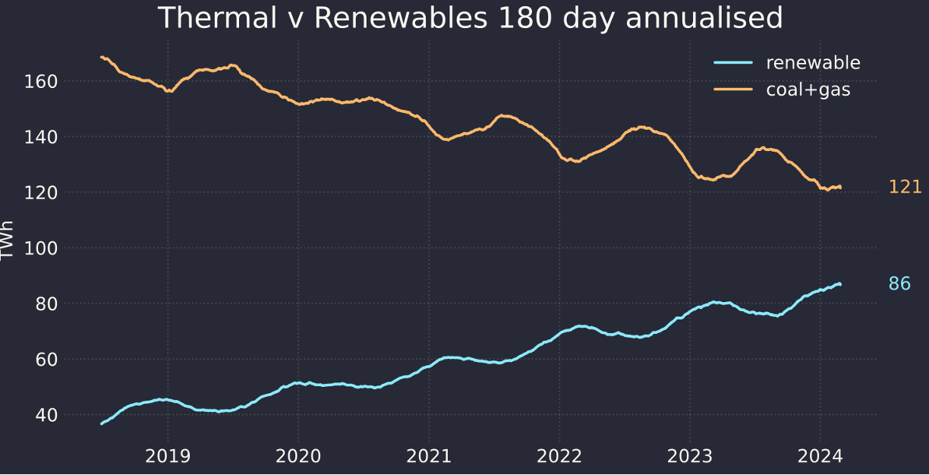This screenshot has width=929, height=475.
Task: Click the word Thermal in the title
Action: click(217, 17)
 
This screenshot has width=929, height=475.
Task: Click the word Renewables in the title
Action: click(401, 17)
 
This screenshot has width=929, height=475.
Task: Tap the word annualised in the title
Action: click(704, 17)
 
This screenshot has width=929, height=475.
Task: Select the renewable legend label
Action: click(813, 62)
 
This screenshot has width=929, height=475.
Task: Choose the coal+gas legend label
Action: click(808, 90)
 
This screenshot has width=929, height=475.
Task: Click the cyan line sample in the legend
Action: click(733, 62)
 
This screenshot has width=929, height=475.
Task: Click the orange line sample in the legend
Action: click(733, 89)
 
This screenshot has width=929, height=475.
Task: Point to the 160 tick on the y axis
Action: click(41, 82)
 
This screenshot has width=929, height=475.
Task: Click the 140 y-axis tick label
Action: click(41, 137)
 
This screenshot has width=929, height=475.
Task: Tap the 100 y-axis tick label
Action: click(41, 249)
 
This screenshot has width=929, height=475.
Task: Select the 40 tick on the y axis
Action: click(46, 415)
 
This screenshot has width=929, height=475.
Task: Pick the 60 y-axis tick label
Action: click(46, 360)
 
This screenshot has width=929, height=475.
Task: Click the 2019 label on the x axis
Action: click(168, 457)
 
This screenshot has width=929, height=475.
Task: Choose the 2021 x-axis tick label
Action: click(429, 457)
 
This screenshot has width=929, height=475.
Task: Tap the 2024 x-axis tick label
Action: click(820, 457)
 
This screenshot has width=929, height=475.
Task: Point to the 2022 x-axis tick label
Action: click(559, 457)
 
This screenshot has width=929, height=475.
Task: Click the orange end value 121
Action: click(905, 187)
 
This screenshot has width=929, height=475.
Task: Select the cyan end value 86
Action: click(899, 284)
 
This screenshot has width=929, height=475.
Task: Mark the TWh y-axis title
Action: click(7, 241)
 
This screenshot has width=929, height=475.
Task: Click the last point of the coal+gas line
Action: click(840, 187)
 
